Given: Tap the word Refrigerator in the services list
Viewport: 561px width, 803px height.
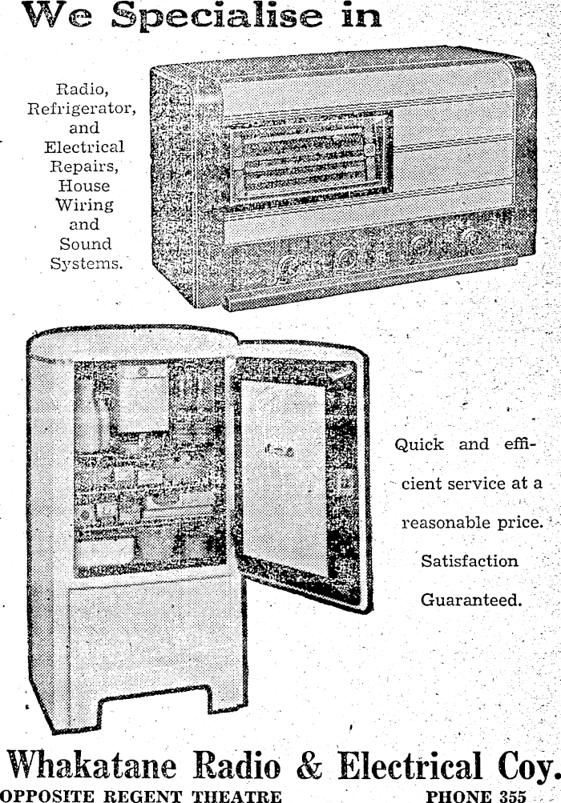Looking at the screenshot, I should tap(81, 108).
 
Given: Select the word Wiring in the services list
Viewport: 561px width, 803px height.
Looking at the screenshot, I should tap(84, 205).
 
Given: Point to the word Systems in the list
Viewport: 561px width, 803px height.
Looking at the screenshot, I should tap(87, 263).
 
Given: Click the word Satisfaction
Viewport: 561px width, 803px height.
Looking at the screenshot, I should tap(470, 561).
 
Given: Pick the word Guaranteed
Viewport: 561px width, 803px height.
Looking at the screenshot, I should tap(470, 600).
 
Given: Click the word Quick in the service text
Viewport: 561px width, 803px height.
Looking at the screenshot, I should tap(418, 445).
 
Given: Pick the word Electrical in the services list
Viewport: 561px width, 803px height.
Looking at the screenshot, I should tap(84, 147).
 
